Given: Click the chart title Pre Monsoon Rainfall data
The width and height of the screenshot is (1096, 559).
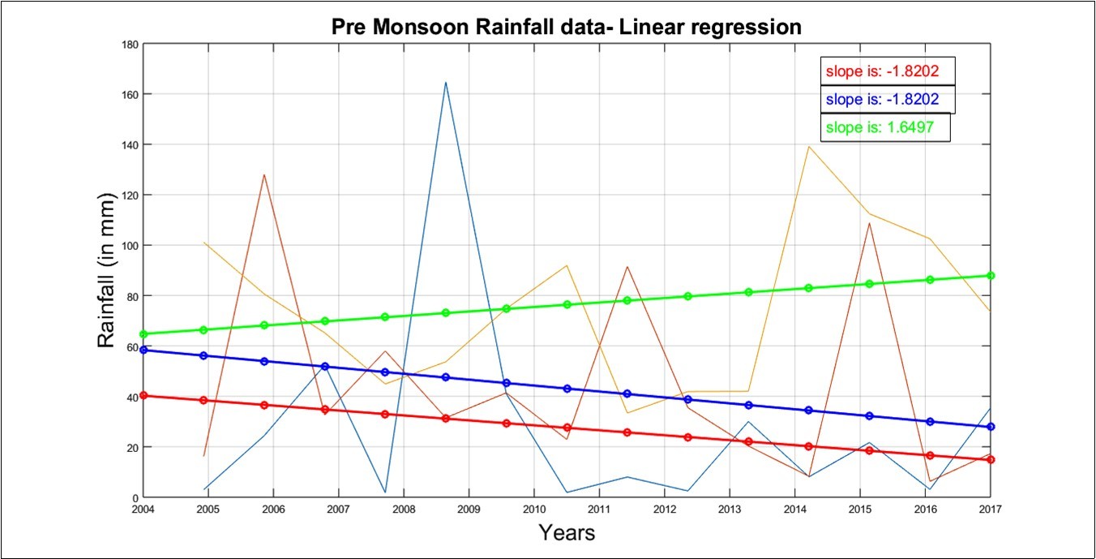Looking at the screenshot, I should [x=566, y=26].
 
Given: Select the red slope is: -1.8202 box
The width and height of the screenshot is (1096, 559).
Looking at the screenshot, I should [x=887, y=71].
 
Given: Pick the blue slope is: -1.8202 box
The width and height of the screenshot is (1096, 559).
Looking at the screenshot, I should [x=887, y=99].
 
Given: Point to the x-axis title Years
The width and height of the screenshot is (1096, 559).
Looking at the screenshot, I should [x=567, y=533].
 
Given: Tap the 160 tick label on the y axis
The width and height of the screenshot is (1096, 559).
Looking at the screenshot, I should [x=128, y=94].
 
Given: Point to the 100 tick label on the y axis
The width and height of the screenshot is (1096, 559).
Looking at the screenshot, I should [x=128, y=246].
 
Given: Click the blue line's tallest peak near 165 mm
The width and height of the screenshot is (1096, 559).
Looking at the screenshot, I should [x=446, y=82].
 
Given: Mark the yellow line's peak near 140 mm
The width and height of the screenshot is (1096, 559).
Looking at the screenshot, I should [x=808, y=146].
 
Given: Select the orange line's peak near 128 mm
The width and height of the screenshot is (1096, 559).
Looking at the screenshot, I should [x=264, y=174].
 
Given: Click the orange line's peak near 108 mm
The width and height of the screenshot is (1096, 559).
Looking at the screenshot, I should [x=869, y=223].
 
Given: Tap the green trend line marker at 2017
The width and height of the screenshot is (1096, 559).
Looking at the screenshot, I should [x=990, y=276].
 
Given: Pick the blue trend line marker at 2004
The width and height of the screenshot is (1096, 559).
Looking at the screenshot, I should [x=143, y=350].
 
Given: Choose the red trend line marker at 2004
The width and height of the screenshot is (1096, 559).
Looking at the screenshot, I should [x=143, y=395].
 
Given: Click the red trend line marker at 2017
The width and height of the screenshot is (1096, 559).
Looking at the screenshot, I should [x=990, y=459].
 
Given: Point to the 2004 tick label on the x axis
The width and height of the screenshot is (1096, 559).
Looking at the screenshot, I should [x=143, y=509].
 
